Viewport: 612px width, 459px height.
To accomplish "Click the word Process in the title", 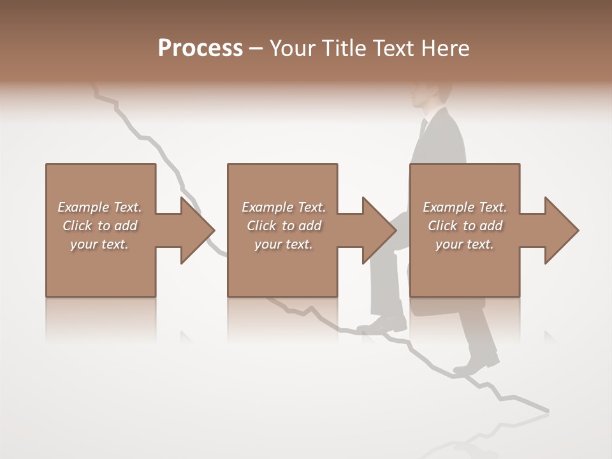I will (x=200, y=48).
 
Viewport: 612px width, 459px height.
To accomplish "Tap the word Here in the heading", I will (x=446, y=48).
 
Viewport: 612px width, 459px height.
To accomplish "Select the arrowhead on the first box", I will (x=192, y=230).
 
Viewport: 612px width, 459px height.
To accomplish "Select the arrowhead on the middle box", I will (x=374, y=230).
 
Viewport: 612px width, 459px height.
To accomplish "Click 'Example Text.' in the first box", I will (x=99, y=207).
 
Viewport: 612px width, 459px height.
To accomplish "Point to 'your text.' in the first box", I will (x=99, y=244).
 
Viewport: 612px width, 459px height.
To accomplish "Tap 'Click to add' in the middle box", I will (x=284, y=226).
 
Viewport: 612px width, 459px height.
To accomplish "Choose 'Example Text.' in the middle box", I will (x=284, y=207).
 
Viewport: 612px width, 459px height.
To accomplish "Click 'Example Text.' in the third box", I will (x=465, y=207).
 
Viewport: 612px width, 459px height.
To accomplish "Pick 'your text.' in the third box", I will (x=465, y=244).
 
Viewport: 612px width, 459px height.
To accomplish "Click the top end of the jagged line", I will (x=96, y=89).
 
